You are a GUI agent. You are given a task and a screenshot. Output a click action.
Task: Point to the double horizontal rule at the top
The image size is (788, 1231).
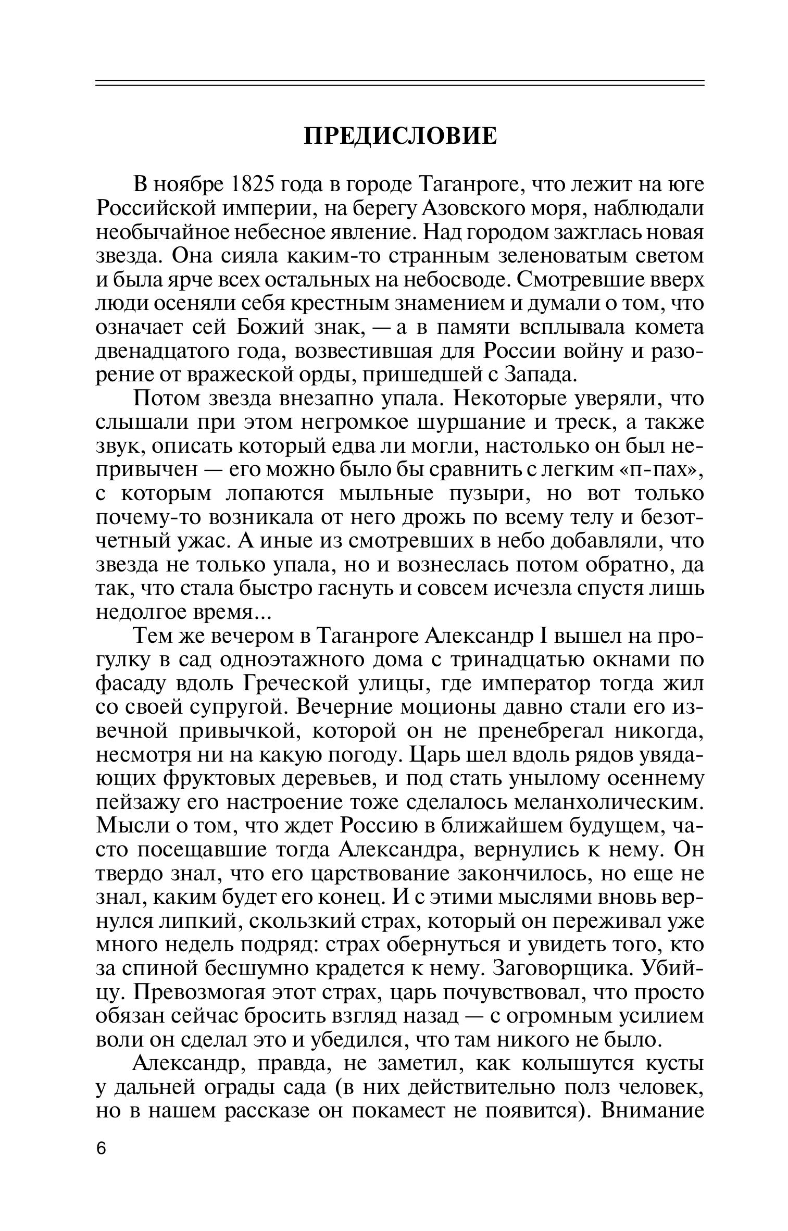400,83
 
